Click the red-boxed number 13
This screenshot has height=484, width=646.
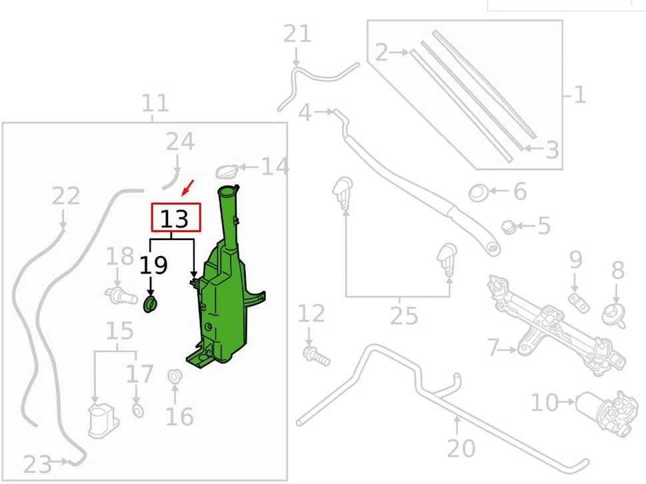coord(175,219)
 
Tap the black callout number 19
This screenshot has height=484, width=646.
coord(153,265)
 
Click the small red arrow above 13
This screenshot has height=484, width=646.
coord(187,187)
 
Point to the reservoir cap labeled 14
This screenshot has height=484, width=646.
coord(228,171)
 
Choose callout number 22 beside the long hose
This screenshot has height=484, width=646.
coord(66,196)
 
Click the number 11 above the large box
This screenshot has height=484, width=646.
coord(155,103)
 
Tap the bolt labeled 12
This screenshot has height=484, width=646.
coord(317,356)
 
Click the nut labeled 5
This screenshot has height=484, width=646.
coord(509,227)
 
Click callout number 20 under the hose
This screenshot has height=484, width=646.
coord(461,448)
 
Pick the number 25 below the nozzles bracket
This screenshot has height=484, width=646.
coord(404,316)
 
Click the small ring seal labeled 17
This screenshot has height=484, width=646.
coord(138,411)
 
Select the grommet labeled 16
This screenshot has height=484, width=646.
coord(175,376)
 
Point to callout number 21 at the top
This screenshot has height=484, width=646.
coord(297,34)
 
